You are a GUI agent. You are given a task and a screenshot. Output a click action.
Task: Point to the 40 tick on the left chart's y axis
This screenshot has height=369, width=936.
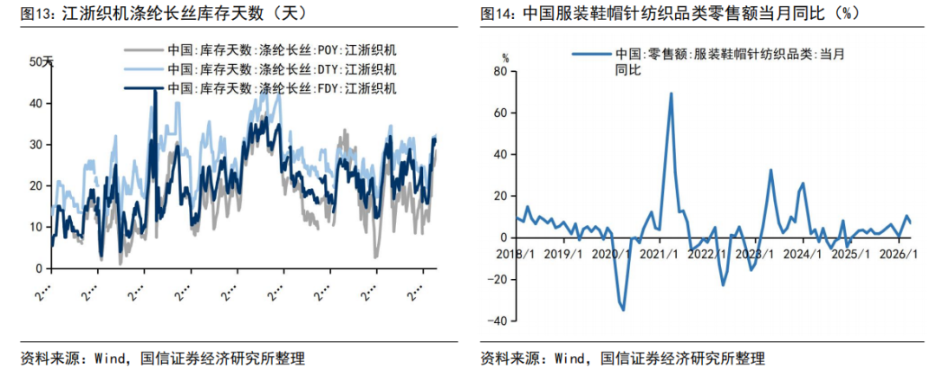36,103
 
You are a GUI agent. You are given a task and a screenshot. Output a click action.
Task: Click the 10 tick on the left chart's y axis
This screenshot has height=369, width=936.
36,227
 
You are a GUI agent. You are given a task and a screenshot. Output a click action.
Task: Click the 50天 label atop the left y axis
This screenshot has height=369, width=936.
42,61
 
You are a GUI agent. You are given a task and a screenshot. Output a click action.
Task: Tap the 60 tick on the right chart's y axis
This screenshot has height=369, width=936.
499,113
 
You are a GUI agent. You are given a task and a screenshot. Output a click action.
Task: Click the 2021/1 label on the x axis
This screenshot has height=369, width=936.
662,255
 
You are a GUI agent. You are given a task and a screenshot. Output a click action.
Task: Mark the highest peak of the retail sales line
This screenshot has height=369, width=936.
671,93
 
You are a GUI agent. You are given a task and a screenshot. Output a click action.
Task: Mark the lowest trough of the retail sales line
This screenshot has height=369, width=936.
623,309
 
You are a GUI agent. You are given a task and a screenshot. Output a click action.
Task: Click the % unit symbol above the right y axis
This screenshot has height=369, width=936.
506,57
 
